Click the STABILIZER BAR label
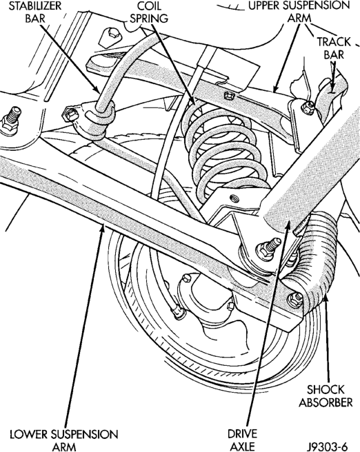point(35,12)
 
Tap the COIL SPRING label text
point(149,12)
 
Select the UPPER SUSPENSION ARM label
point(299,12)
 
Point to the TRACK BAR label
point(334,48)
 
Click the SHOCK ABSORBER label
point(326,395)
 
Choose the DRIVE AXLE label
point(242,440)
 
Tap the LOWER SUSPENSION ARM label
point(64,440)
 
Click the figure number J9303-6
point(327,446)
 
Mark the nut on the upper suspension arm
point(228,95)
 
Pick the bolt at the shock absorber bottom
point(295,299)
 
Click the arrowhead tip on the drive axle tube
point(288,224)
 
